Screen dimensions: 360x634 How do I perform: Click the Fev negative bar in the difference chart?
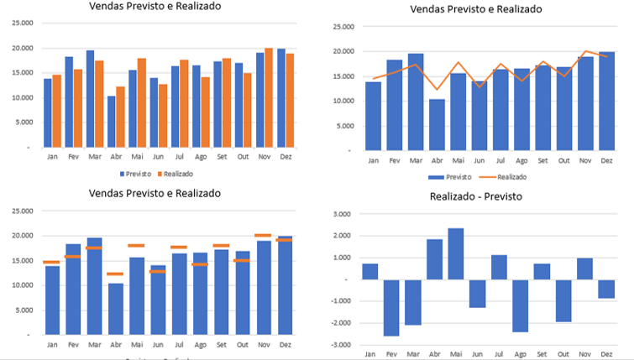390,307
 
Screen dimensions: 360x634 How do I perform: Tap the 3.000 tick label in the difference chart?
342,214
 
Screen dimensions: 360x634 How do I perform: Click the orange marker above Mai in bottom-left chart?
137,246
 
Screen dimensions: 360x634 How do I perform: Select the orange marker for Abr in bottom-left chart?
115,274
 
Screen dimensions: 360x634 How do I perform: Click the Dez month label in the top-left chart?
290,157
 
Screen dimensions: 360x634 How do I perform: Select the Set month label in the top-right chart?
543,160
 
